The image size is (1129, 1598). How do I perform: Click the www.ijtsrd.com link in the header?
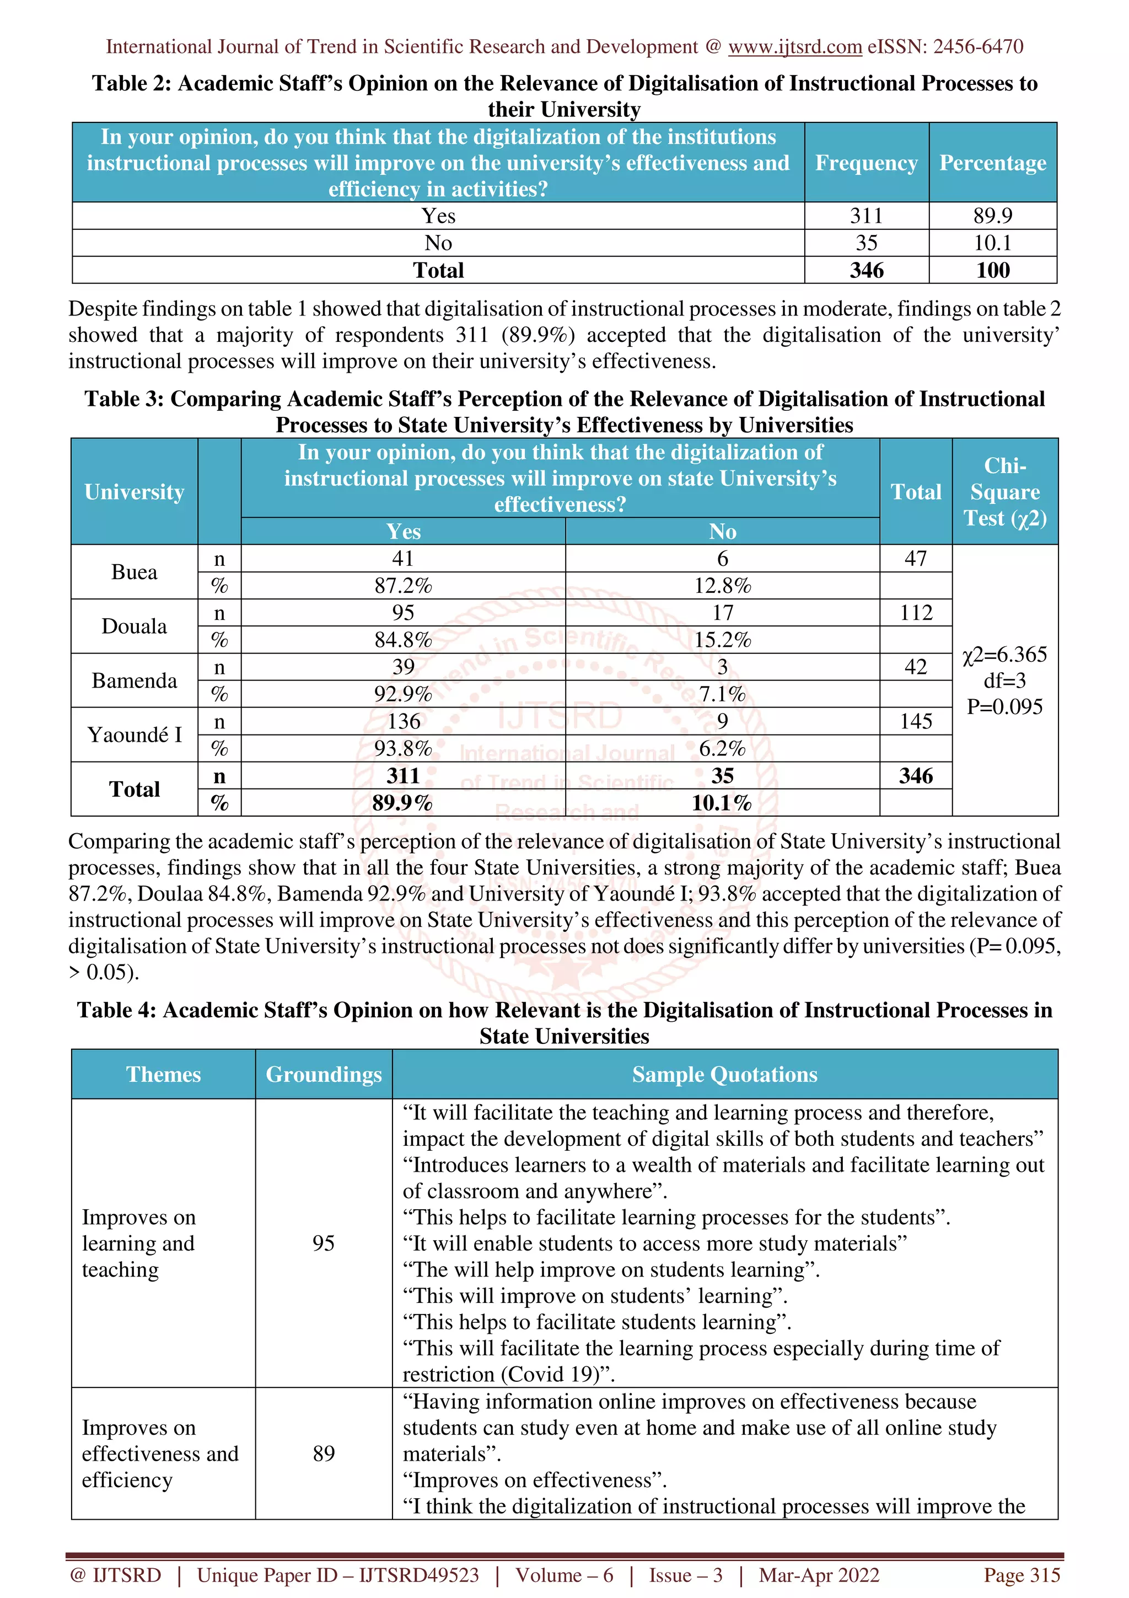point(794,47)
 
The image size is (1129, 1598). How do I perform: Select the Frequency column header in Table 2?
point(866,163)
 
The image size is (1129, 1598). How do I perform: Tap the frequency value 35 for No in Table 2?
point(866,243)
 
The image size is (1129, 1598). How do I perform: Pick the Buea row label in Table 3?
point(135,572)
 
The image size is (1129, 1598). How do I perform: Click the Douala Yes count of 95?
point(403,613)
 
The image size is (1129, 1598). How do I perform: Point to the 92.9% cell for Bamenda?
point(403,694)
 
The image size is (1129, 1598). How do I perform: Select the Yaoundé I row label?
point(135,734)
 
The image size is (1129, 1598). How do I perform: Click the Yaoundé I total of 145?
point(916,721)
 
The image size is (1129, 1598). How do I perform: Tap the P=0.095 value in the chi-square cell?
point(1004,706)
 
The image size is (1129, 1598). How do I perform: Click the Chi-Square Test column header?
point(1004,491)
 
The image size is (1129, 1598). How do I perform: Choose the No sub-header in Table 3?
point(722,532)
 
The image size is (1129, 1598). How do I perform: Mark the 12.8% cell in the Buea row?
point(722,586)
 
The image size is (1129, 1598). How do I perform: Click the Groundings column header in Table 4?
point(324,1074)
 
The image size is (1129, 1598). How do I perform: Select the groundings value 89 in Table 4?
point(324,1453)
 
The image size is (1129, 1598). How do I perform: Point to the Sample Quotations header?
point(724,1074)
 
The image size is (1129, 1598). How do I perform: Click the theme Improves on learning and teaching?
point(138,1243)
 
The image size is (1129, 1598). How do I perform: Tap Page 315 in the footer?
point(1021,1575)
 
